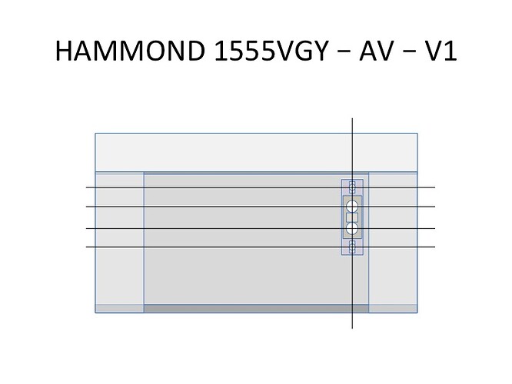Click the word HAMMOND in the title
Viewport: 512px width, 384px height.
130,51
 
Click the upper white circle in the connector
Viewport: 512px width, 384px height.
352,206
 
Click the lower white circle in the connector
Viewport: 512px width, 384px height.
352,228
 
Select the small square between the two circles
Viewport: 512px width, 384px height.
352,217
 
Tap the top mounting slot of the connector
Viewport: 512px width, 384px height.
352,187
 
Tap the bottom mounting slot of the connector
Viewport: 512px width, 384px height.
352,247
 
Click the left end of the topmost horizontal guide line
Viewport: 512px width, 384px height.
86,187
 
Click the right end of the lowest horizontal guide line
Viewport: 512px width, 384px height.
435,247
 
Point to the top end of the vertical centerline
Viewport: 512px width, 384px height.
352,118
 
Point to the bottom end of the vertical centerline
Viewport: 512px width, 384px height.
352,329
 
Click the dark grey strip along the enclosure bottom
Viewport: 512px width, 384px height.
256,308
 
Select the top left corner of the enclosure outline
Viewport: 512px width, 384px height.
95,133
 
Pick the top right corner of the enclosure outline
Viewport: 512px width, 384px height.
417,133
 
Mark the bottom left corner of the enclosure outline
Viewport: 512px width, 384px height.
95,313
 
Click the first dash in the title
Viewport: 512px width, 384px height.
343,53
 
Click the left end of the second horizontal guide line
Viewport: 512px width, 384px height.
86,207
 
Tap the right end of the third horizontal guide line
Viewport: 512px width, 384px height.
435,228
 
